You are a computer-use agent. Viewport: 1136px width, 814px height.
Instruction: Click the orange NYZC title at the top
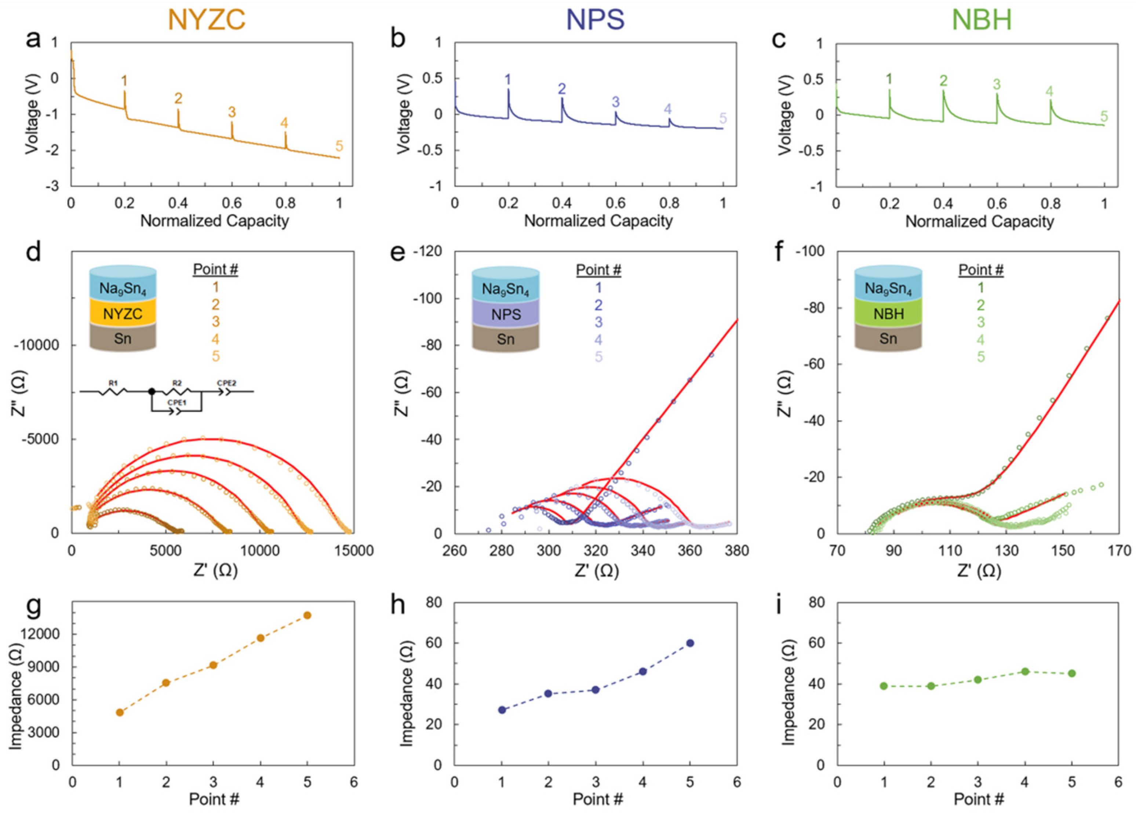(206, 20)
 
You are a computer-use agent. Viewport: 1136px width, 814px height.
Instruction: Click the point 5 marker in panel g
(307, 615)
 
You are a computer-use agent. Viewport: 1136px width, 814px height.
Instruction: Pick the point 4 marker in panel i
(1025, 671)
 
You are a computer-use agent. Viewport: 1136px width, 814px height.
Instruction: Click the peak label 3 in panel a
(232, 112)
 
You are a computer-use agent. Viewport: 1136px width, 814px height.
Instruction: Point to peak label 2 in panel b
(561, 89)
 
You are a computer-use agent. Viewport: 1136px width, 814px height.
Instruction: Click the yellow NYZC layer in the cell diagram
(123, 314)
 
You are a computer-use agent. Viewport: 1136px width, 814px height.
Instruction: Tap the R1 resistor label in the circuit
(113, 383)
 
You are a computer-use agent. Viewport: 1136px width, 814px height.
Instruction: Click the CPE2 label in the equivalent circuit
(226, 383)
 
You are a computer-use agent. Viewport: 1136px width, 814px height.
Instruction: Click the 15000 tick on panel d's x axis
(353, 551)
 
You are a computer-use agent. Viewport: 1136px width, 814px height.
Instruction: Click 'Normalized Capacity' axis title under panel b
(598, 221)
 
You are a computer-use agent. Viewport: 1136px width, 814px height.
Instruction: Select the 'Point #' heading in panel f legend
(981, 270)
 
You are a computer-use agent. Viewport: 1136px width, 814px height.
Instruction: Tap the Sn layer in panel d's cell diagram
(123, 339)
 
